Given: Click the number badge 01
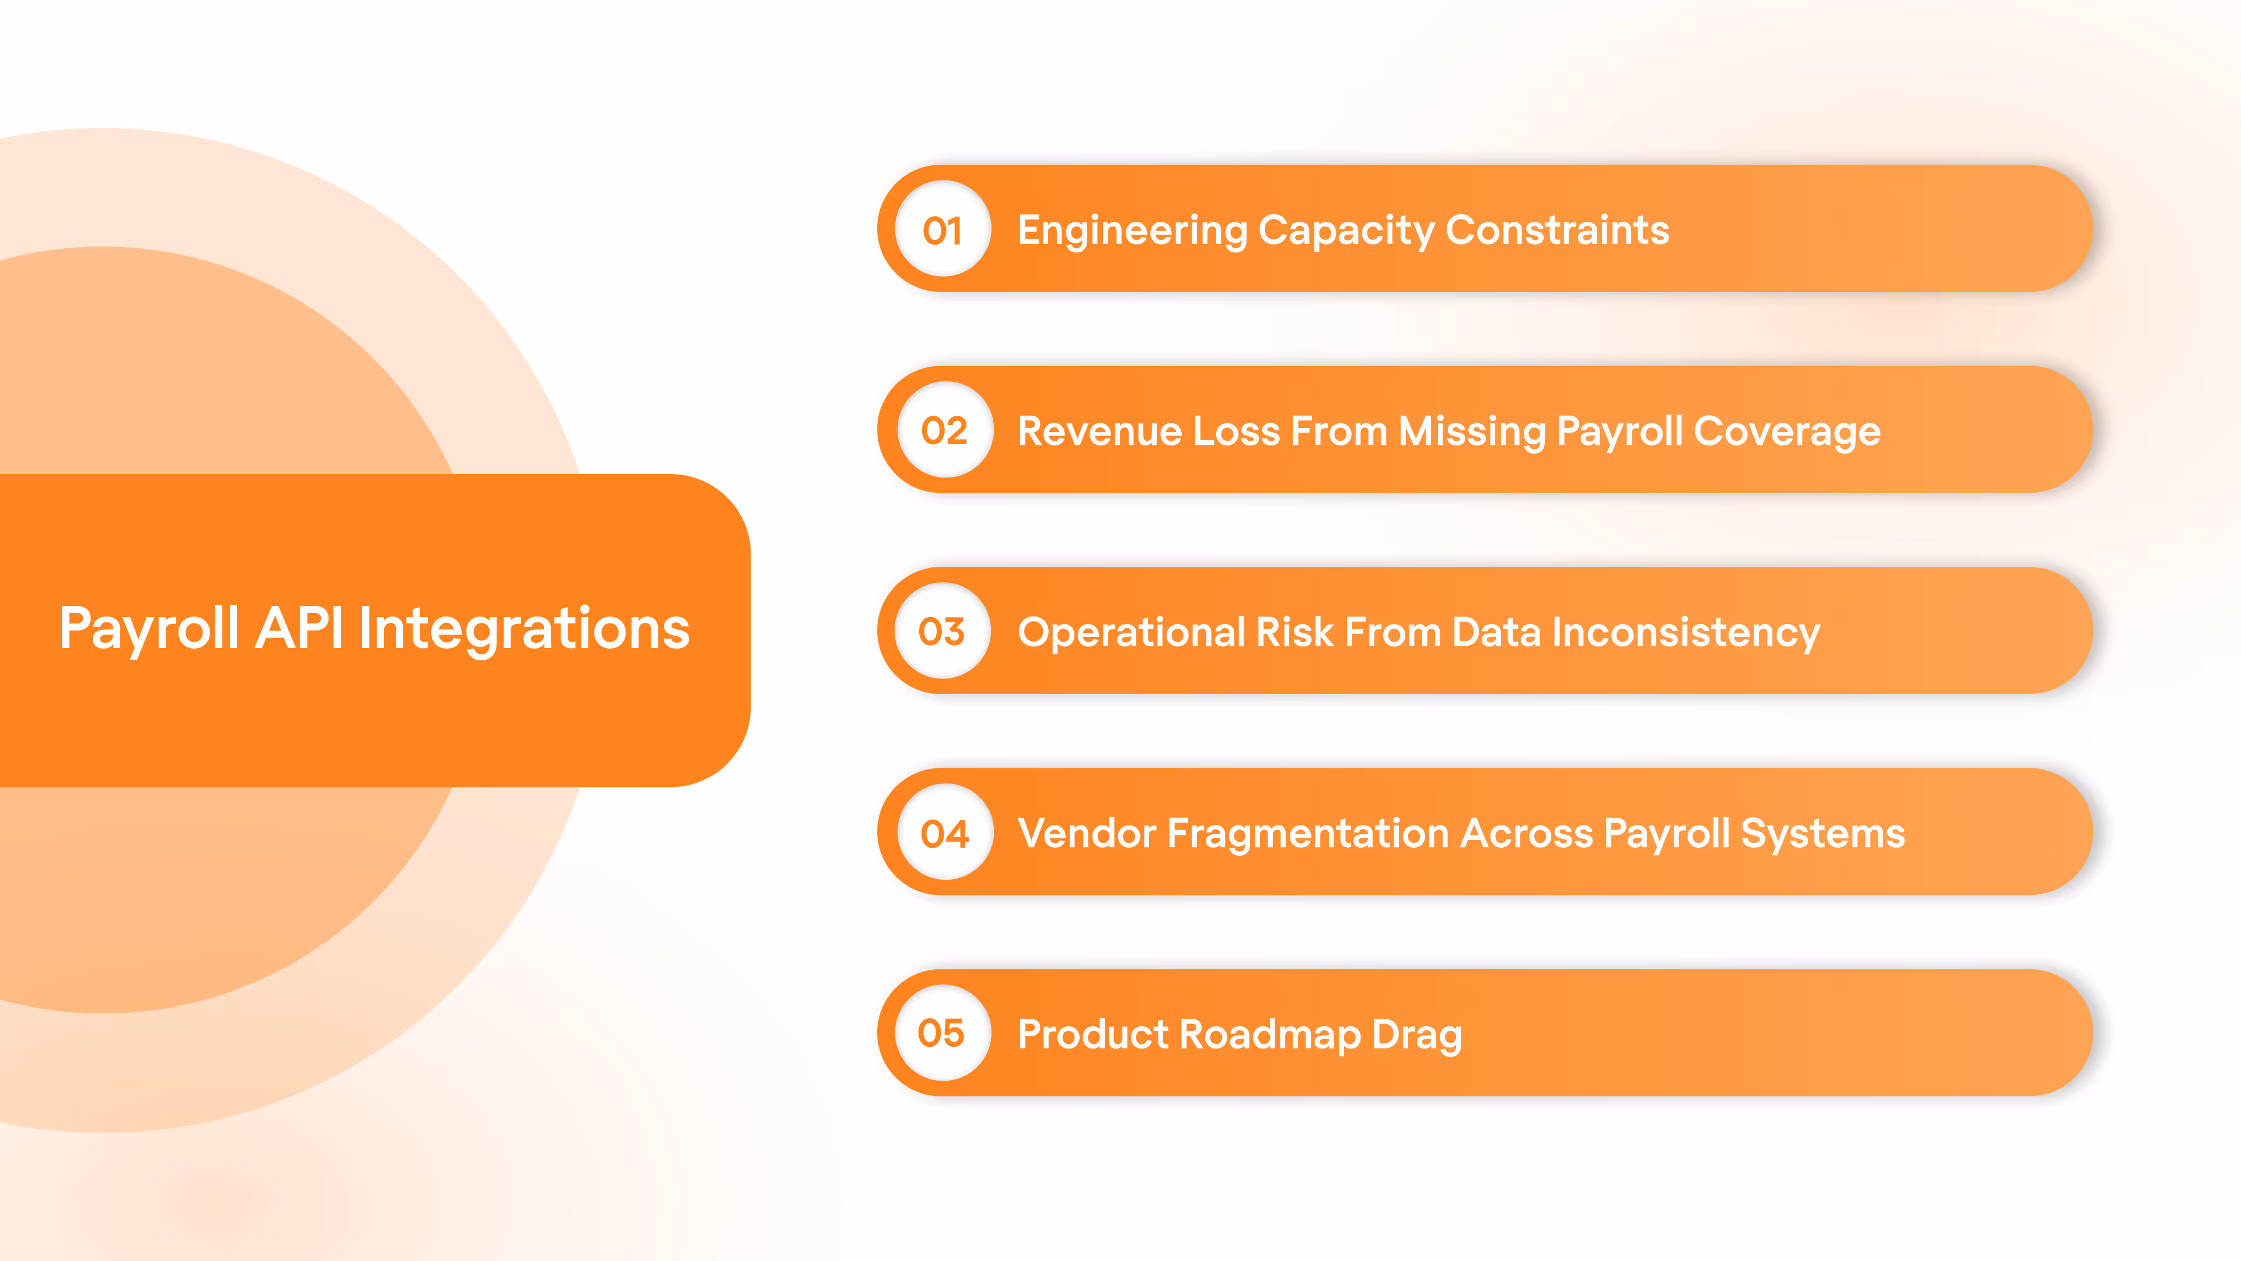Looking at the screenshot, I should point(943,230).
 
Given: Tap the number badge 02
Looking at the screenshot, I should point(945,431).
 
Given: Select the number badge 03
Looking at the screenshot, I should point(942,632).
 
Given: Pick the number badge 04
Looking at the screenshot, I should point(945,833).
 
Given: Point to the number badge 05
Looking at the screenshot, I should point(942,1033).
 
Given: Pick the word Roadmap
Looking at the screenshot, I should point(1270,1034).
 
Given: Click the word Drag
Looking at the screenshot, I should point(1417,1034).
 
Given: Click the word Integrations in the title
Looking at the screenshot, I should point(523,630).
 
